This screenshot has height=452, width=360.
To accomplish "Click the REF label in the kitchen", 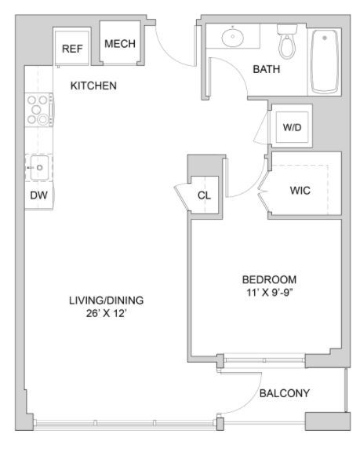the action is (x=72, y=49).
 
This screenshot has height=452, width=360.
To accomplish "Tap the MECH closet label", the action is (x=120, y=44).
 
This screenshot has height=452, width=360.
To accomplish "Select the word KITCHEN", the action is (x=93, y=86).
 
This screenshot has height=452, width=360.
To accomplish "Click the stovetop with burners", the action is (x=39, y=110).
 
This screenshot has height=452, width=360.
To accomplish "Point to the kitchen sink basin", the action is (x=39, y=167).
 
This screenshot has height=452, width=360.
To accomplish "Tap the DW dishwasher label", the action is (x=38, y=195).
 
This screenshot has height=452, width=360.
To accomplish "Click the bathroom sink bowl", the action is (x=233, y=37).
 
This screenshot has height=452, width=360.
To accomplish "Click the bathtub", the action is (x=325, y=61).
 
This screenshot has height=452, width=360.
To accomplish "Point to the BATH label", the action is (x=267, y=69).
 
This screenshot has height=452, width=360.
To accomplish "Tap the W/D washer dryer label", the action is (x=292, y=127).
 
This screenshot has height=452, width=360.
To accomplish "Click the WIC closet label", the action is (x=300, y=191).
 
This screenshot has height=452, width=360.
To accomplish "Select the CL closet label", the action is (x=204, y=195).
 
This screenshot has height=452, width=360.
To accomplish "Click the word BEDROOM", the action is (x=269, y=279).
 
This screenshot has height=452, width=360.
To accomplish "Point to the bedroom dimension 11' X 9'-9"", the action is (x=270, y=293).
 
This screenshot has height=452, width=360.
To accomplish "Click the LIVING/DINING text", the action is (x=106, y=301).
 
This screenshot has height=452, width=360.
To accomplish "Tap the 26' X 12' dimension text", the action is (x=106, y=313).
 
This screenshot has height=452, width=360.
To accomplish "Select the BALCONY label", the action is (x=285, y=393).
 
